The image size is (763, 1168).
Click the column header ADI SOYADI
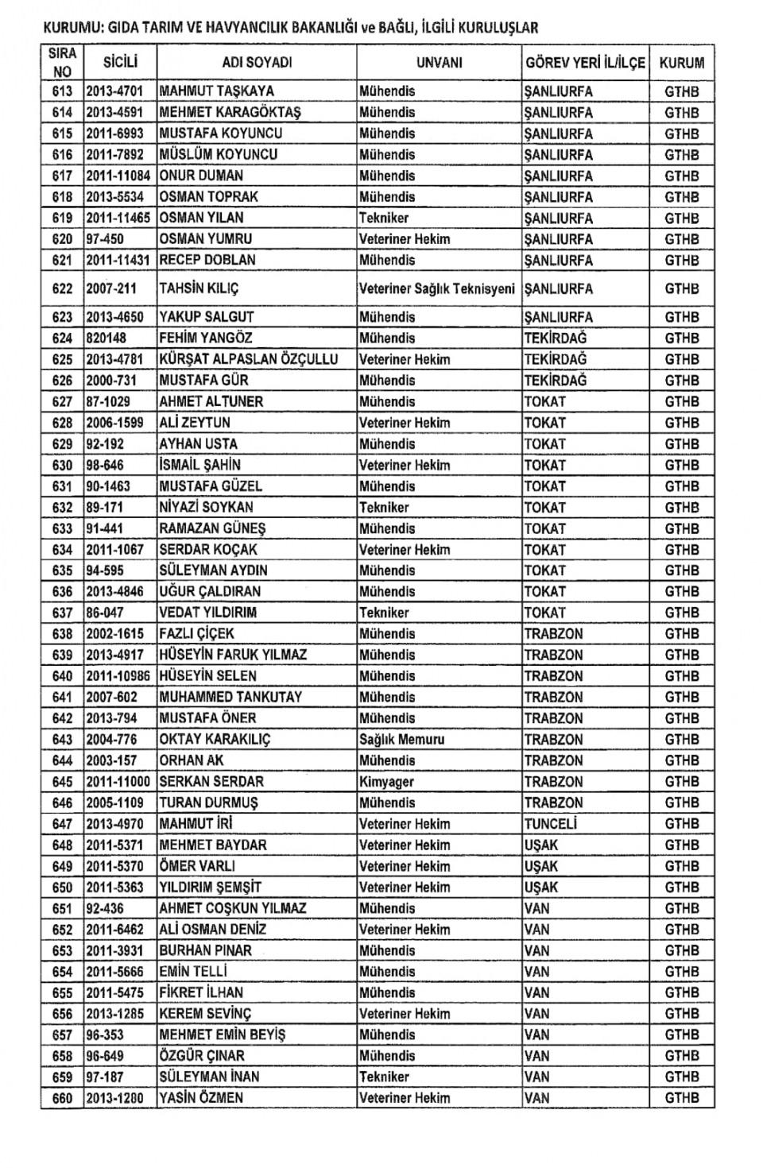(x=257, y=63)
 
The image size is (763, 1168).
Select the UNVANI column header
(x=439, y=63)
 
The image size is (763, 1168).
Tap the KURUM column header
(x=681, y=63)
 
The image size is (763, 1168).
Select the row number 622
(x=62, y=288)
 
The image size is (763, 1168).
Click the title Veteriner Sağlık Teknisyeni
(x=437, y=288)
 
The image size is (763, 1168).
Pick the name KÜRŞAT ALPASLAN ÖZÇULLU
(x=248, y=359)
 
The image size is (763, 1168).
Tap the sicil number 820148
(x=106, y=338)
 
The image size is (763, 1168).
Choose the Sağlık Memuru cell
(x=401, y=739)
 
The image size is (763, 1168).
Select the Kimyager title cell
(x=386, y=782)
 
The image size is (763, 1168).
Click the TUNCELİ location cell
(x=550, y=824)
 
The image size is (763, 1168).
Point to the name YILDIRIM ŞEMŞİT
(x=210, y=887)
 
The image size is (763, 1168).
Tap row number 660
(x=62, y=1098)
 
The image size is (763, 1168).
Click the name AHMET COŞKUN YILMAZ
(x=232, y=908)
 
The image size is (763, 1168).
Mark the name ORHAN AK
(x=192, y=760)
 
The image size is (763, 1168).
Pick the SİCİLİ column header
(x=121, y=63)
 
